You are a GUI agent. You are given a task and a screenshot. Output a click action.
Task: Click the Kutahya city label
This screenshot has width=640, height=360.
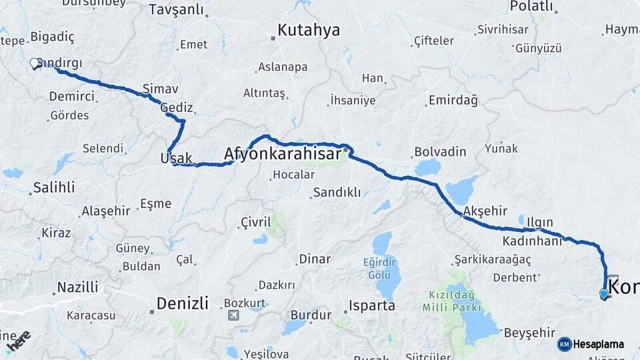[x=308, y=30]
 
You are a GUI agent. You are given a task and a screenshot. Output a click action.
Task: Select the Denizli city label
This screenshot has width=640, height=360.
[x=182, y=304]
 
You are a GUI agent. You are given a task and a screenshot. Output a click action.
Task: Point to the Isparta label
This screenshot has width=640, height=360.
[x=372, y=306]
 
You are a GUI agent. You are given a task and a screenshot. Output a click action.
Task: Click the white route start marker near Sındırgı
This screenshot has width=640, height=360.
[x=35, y=64]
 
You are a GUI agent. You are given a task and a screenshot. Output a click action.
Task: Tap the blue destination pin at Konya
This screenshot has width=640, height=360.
[x=604, y=293]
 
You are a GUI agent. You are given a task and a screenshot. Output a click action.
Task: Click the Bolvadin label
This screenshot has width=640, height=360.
[x=440, y=151]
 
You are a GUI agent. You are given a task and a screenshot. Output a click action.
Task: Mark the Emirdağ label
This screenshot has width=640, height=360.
[x=453, y=101]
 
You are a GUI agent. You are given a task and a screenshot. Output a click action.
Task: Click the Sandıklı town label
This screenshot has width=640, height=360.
[x=336, y=193]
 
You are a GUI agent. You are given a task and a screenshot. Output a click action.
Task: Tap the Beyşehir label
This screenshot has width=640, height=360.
[x=529, y=332]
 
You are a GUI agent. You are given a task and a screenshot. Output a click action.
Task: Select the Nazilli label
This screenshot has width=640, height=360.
[x=77, y=288]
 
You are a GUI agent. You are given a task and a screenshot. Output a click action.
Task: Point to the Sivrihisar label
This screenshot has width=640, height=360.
[x=503, y=29]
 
